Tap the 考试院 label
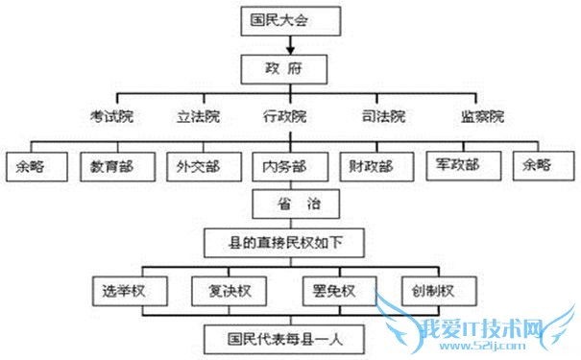110,117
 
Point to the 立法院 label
197,117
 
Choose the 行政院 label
284,117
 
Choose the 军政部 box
458,164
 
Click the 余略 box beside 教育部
36,165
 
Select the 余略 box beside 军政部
538,164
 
